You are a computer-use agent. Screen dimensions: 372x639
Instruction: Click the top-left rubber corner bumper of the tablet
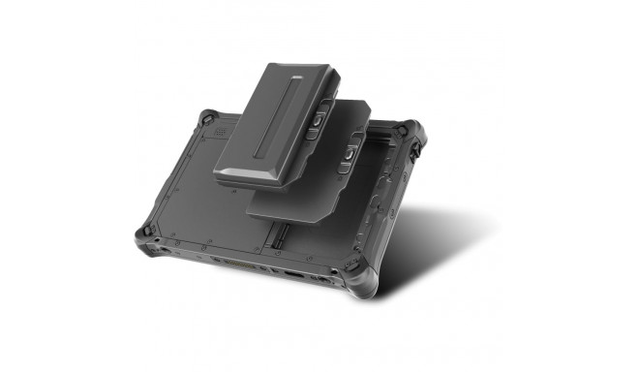click(x=205, y=120)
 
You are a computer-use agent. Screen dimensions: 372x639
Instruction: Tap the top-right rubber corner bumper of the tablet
click(x=411, y=136)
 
